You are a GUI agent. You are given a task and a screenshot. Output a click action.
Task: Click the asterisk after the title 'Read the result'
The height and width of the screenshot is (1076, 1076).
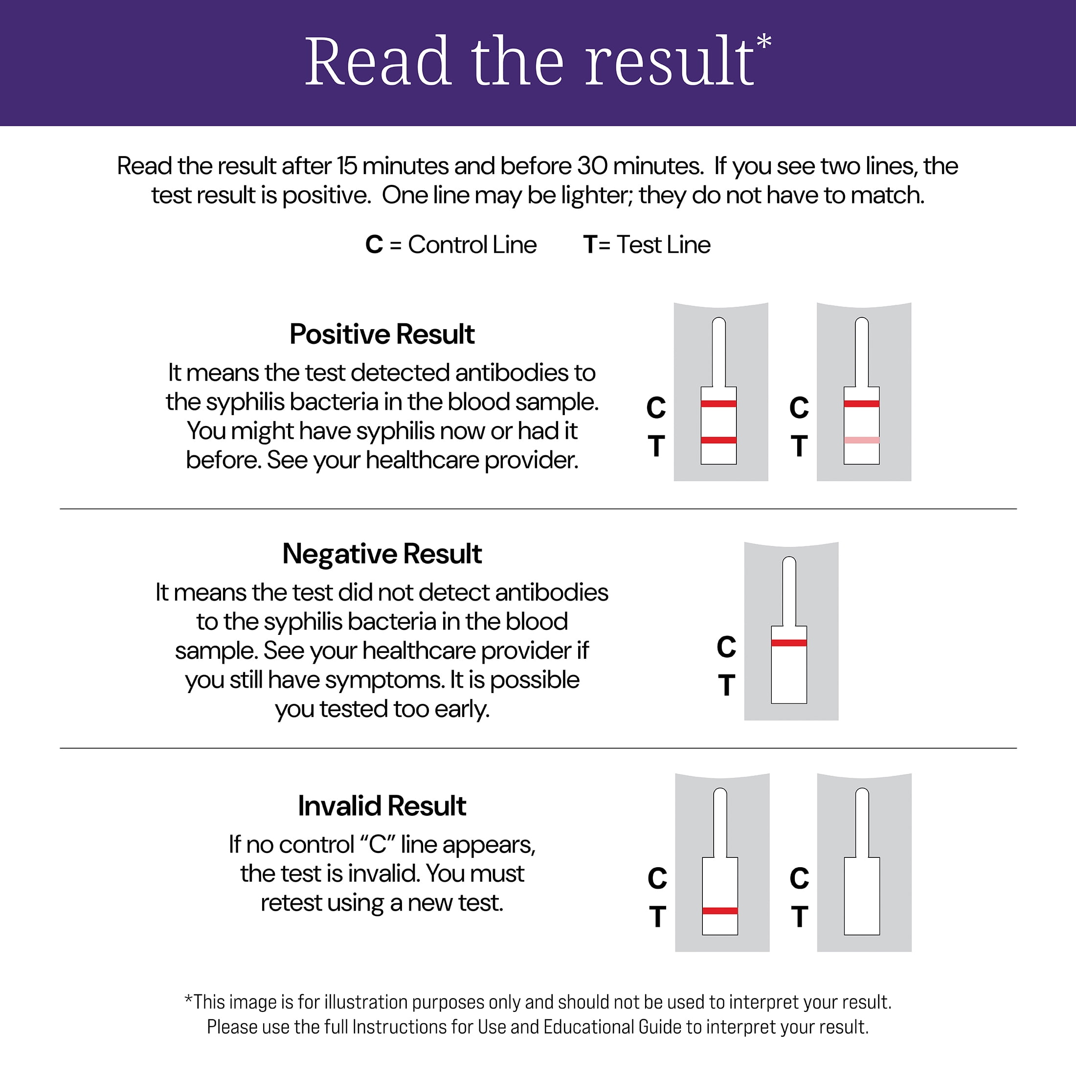pos(764,42)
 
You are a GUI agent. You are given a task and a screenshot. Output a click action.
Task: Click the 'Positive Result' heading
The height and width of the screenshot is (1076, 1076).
pos(381,334)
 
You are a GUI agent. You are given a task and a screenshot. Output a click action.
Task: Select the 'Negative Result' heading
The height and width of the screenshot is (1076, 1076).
pos(381,554)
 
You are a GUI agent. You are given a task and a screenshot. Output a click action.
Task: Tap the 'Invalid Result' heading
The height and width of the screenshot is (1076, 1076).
pos(381,806)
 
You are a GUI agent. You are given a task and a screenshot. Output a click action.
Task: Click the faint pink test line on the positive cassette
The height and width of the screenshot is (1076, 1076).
pos(862,440)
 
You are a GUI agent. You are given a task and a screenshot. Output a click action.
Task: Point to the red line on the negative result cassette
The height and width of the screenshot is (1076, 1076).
pos(788,643)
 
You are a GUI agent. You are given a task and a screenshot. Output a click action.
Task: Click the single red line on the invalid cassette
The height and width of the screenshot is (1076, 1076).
pos(719,911)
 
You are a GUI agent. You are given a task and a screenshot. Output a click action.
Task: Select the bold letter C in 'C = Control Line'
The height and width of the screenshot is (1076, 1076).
pos(374,245)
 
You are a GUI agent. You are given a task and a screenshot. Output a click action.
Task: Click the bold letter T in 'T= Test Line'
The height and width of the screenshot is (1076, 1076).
pos(590,245)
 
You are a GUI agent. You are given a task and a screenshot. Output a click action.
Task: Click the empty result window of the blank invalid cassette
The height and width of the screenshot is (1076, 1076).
pos(862,897)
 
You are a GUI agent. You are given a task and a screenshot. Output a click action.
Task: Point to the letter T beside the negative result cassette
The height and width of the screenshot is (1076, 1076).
pos(726,686)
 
